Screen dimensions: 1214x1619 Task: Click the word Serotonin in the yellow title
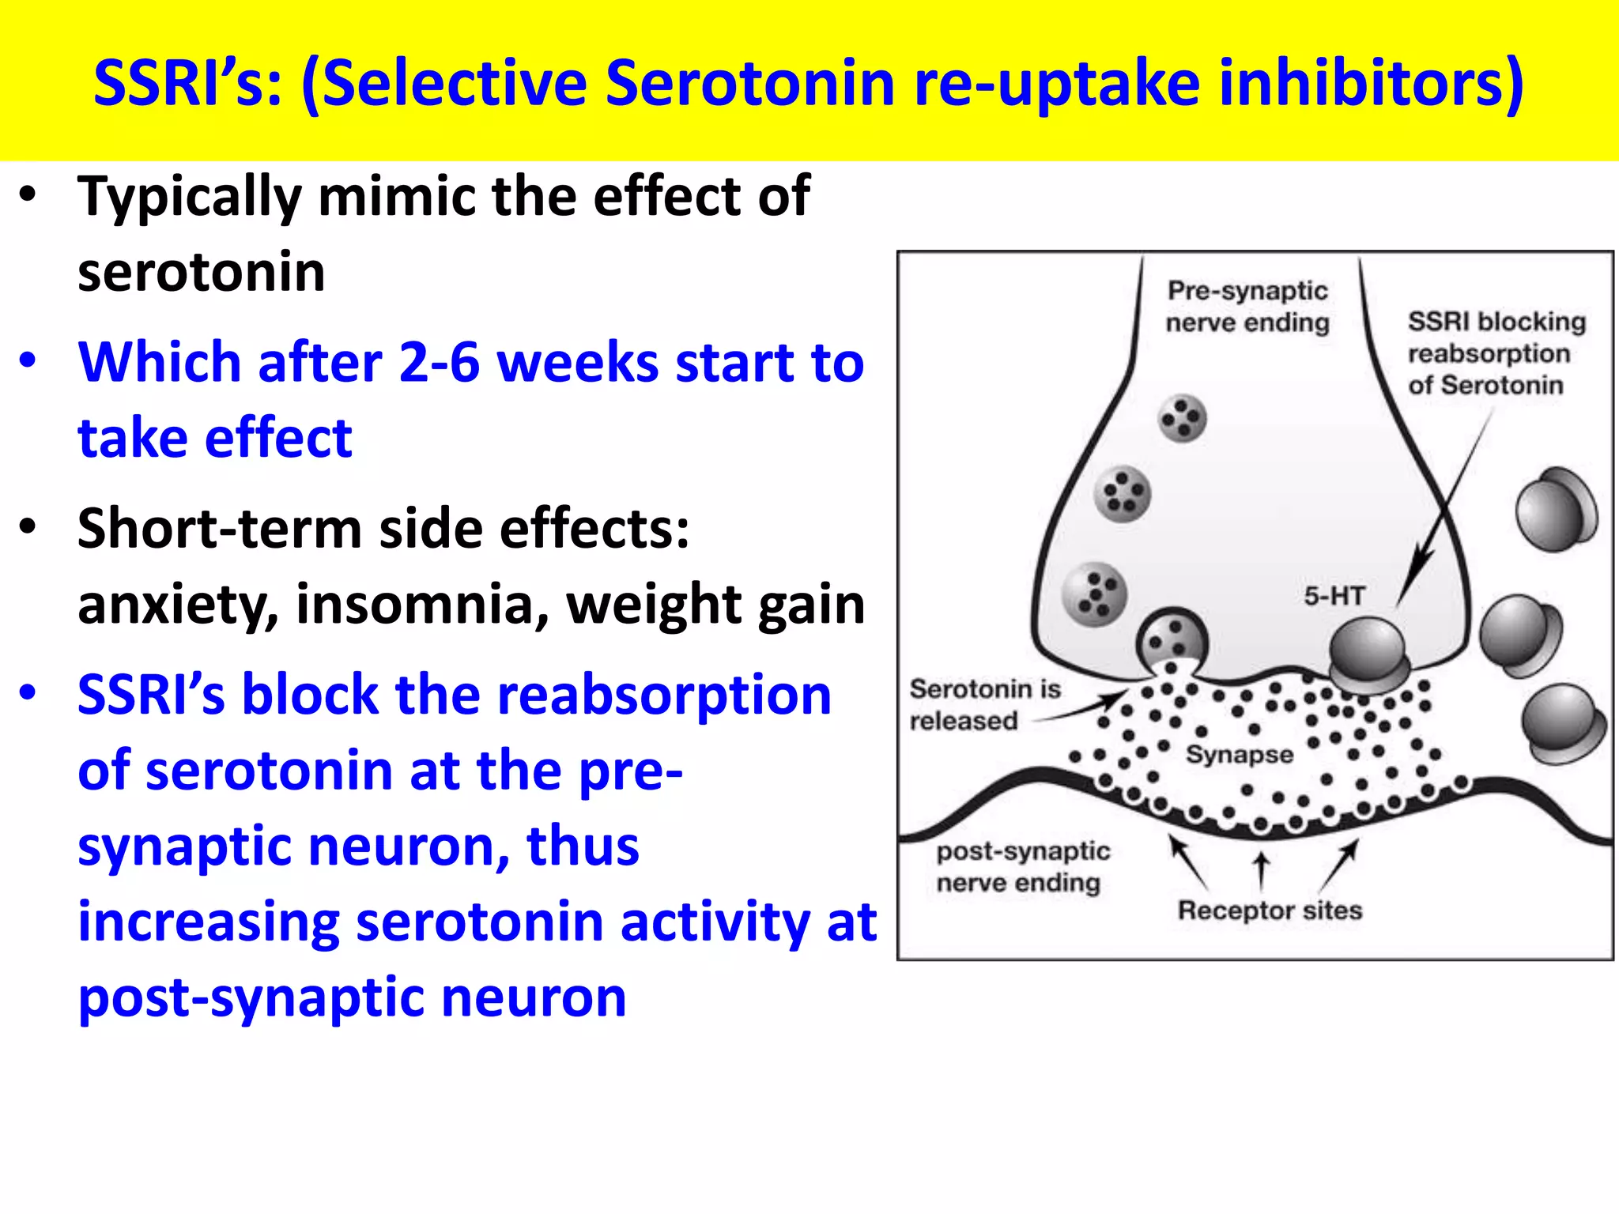pyautogui.click(x=749, y=83)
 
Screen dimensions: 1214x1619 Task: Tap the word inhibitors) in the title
pyautogui.click(x=1371, y=83)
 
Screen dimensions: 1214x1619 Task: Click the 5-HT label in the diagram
pyautogui.click(x=1334, y=596)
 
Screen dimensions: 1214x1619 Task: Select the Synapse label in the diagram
pyautogui.click(x=1240, y=754)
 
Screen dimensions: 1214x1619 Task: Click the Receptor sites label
pyautogui.click(x=1270, y=910)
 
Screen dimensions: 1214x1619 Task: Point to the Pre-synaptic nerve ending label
pyautogui.click(x=1247, y=307)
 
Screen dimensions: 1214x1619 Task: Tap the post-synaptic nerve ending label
pyautogui.click(x=1022, y=867)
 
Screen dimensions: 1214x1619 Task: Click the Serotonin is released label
pyautogui.click(x=984, y=705)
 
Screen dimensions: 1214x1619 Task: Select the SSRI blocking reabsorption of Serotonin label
pyautogui.click(x=1496, y=353)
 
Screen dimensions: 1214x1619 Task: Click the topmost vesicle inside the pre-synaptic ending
pyautogui.click(x=1182, y=418)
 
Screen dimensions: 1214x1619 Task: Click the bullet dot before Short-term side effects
pyautogui.click(x=28, y=527)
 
